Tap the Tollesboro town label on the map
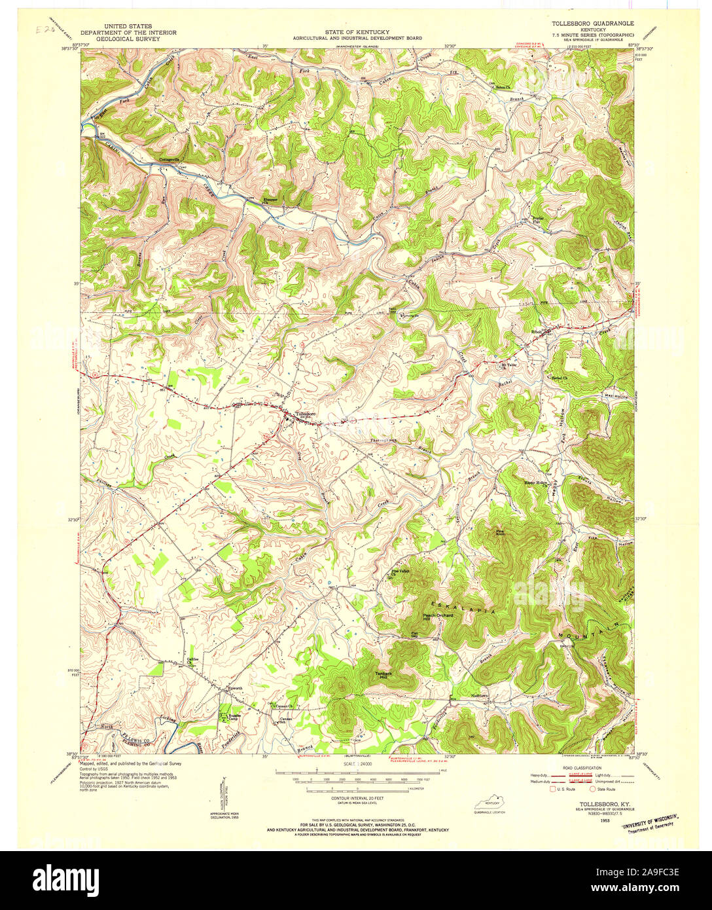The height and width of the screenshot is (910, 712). pyautogui.click(x=306, y=414)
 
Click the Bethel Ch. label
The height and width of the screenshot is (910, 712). pyautogui.click(x=558, y=378)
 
